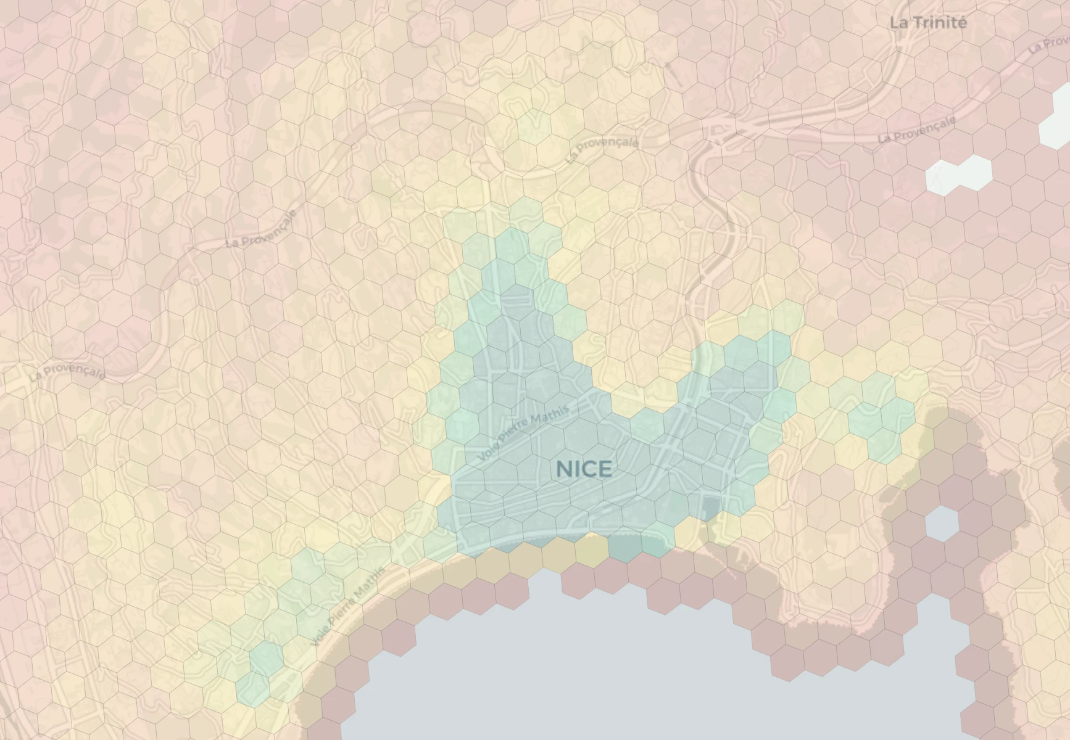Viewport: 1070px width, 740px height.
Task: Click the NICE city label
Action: pyautogui.click(x=584, y=469)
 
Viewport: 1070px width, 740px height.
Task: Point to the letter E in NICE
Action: pyautogui.click(x=605, y=469)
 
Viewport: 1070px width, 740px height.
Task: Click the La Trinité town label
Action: pyautogui.click(x=927, y=23)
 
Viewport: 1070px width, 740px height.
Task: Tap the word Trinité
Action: pyautogui.click(x=939, y=23)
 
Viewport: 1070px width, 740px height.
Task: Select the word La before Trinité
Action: pyautogui.click(x=898, y=23)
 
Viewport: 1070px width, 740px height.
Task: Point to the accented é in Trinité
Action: pyautogui.click(x=961, y=23)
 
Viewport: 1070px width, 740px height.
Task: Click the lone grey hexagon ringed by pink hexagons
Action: pyautogui.click(x=942, y=523)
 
